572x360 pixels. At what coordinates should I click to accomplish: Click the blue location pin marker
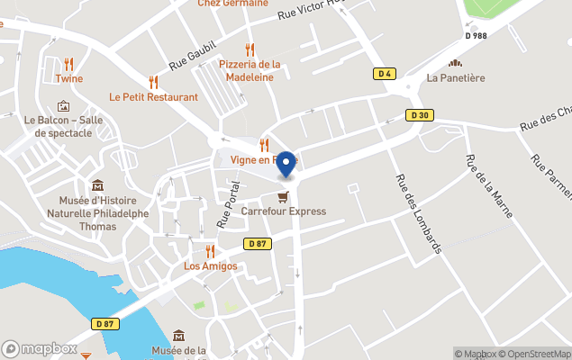click(286, 165)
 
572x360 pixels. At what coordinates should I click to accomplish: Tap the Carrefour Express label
click(283, 211)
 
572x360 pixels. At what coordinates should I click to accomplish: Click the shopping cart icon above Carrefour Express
click(283, 196)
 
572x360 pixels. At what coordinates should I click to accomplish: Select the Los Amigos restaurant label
click(210, 266)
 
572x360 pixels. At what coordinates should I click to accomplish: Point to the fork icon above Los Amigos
click(210, 251)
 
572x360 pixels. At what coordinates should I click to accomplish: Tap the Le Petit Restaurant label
click(153, 96)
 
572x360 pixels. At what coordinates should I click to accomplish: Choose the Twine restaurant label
click(69, 78)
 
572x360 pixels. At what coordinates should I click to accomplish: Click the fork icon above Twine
click(69, 63)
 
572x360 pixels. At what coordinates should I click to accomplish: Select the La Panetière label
click(456, 77)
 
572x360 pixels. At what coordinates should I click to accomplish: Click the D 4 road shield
click(385, 74)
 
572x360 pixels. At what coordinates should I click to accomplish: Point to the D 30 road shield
click(419, 115)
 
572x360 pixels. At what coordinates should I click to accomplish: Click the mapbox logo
click(39, 348)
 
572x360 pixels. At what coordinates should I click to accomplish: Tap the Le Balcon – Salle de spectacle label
click(63, 126)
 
